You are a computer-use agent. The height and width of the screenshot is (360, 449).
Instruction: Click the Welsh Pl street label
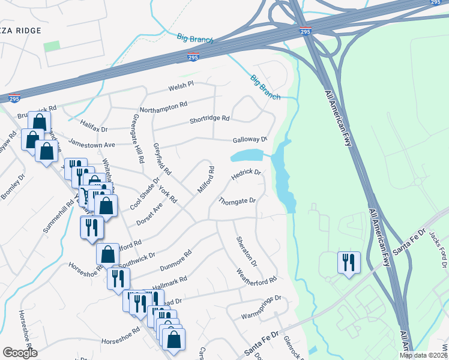[181, 86]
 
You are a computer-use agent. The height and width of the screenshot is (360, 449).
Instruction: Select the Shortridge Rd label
[209, 119]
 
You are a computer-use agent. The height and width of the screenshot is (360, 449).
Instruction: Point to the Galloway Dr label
[250, 140]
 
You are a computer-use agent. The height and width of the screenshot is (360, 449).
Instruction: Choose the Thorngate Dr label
[237, 200]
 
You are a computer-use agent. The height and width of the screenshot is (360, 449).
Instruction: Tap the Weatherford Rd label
[256, 276]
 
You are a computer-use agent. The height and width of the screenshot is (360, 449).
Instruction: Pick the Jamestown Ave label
[91, 144]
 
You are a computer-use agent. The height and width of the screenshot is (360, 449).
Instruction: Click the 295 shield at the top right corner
[436, 3]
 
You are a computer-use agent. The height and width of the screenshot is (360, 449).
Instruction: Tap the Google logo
[20, 353]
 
